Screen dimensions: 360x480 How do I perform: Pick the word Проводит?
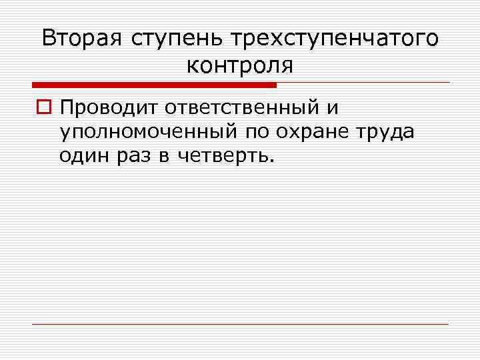coord(105,106)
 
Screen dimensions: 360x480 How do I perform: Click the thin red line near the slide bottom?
coord(240,324)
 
